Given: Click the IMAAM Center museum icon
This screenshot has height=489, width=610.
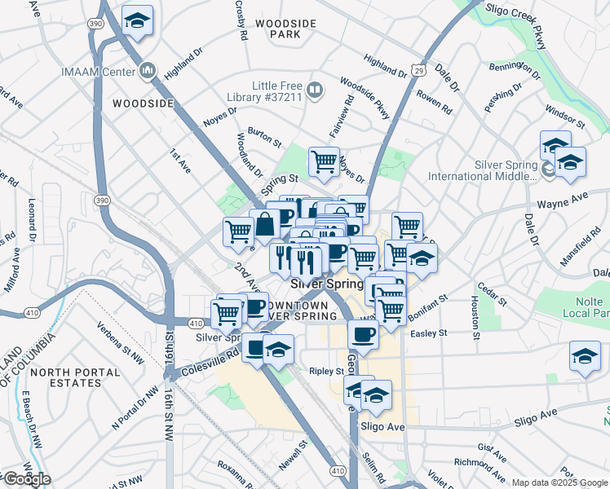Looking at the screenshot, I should [148, 71].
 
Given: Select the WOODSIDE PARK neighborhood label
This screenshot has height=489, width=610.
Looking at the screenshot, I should [285, 30].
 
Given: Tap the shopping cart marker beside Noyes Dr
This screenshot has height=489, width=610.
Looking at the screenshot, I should [325, 161].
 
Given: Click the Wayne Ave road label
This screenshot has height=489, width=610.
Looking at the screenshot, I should [562, 198].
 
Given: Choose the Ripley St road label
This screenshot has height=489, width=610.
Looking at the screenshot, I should [327, 371].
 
